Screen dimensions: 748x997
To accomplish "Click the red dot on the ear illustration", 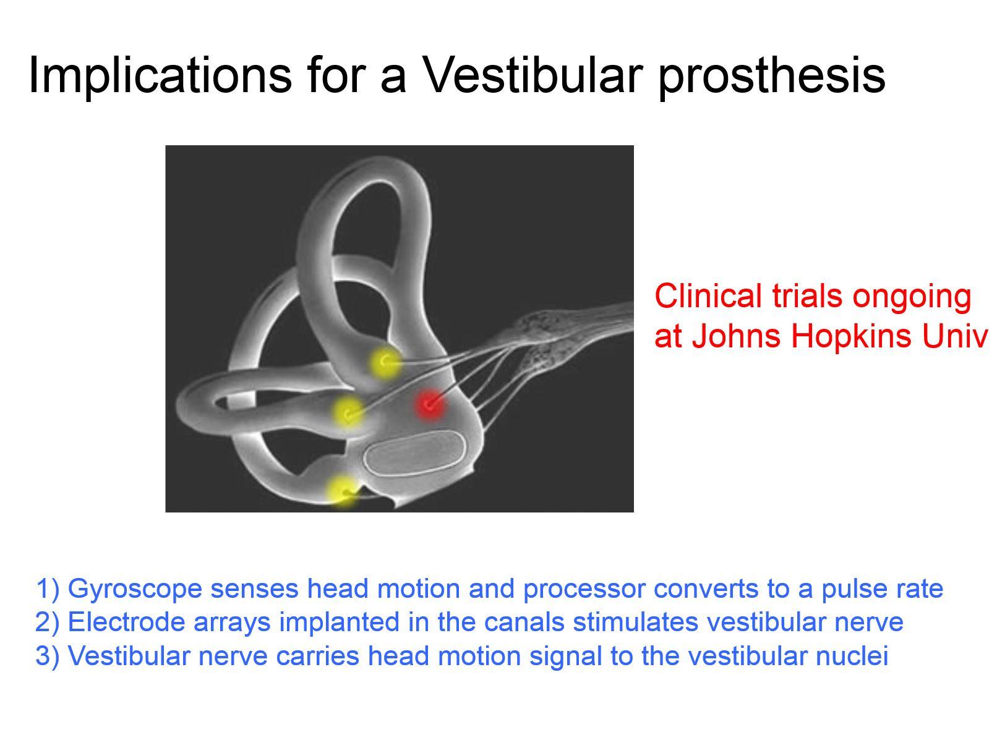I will pos(429,405).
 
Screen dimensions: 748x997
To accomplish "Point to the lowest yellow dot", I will pos(343,491).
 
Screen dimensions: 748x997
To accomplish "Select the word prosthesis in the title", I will pos(771,75).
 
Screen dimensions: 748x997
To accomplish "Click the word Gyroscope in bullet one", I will pos(134,589).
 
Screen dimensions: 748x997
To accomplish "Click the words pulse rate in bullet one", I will pos(882,589).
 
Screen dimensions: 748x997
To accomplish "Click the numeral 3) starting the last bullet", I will pos(47,656).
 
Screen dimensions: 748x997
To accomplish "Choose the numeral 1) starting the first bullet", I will pos(47,589).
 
